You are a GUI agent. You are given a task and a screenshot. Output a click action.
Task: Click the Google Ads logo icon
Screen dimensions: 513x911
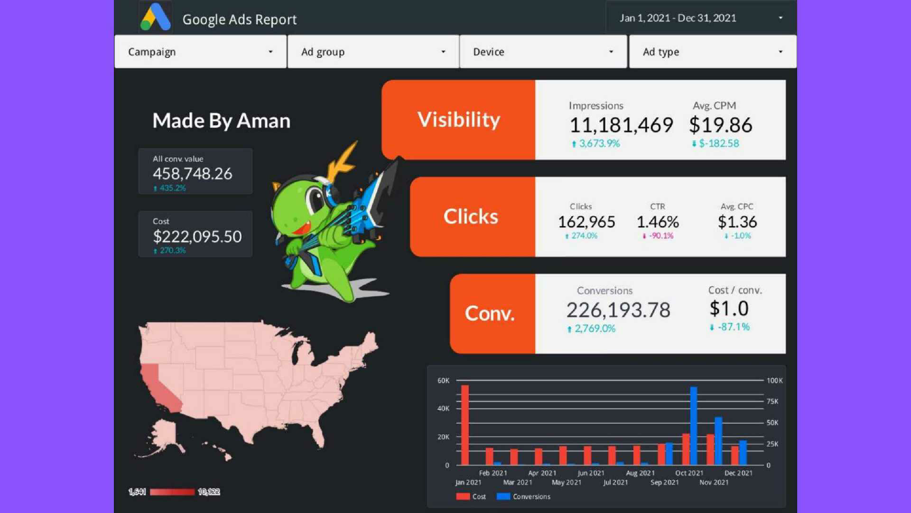point(156,18)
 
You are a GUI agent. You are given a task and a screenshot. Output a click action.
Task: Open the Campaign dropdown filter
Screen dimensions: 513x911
point(201,52)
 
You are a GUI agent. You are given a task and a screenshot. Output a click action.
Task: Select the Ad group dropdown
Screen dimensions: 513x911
point(373,52)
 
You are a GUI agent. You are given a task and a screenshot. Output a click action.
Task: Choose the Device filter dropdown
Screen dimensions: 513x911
point(543,52)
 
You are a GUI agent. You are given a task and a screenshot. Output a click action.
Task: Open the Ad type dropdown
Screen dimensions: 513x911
point(712,52)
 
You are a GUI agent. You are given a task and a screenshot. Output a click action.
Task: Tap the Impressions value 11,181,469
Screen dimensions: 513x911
point(621,125)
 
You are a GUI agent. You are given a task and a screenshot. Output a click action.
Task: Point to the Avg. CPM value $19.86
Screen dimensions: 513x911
point(721,125)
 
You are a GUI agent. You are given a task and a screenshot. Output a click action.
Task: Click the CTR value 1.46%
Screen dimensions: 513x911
point(657,222)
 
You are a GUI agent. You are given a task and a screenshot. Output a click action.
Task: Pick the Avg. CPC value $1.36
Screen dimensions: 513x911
point(737,222)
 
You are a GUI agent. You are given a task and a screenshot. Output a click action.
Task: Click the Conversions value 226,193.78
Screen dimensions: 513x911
point(618,310)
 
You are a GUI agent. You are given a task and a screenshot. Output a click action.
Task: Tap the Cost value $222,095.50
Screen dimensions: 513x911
point(197,237)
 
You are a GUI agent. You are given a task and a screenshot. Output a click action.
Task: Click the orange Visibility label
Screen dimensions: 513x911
point(459,120)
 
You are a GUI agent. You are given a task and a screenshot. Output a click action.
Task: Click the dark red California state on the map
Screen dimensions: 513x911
point(161,386)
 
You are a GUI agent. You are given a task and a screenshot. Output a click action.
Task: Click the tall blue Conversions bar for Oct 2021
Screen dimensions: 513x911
point(693,426)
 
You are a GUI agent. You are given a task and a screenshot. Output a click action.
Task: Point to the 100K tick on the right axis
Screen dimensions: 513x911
point(775,381)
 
